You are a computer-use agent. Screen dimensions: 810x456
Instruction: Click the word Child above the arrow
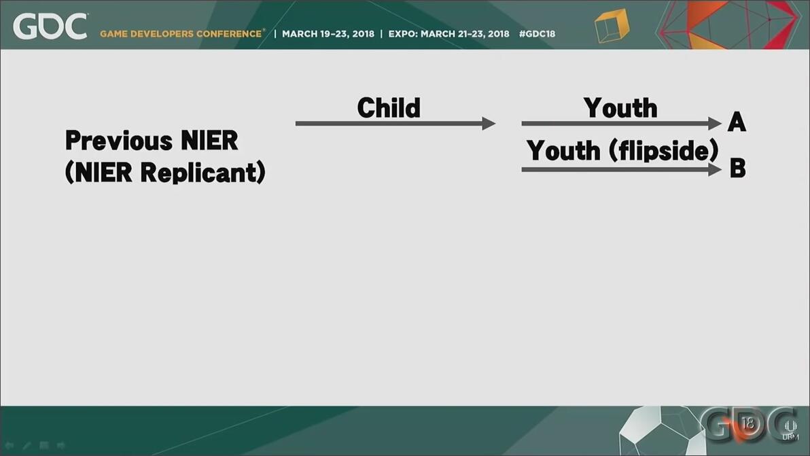389,107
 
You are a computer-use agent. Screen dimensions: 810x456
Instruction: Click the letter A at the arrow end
737,122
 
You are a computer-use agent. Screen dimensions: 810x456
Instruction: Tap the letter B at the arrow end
738,168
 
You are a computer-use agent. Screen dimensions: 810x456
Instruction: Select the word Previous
120,141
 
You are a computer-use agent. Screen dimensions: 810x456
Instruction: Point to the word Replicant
202,172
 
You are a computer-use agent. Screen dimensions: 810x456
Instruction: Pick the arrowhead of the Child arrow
489,124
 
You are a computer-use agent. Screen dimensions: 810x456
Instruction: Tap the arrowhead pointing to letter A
715,124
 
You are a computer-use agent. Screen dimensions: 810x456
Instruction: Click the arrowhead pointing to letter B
715,169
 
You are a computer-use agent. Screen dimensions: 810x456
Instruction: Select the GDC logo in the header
50,27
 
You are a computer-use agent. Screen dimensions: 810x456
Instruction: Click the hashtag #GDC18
538,33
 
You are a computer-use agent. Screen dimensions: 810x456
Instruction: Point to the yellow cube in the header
612,25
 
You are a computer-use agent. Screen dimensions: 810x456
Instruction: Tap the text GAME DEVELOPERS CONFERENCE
181,33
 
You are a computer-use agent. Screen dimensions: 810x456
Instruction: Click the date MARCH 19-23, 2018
328,33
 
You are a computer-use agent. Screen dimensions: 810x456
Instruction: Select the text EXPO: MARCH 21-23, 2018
448,33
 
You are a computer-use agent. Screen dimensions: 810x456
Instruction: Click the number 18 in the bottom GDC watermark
747,424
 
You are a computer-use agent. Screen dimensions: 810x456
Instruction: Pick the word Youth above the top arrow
620,108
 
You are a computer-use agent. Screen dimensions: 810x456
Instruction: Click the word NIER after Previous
210,141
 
